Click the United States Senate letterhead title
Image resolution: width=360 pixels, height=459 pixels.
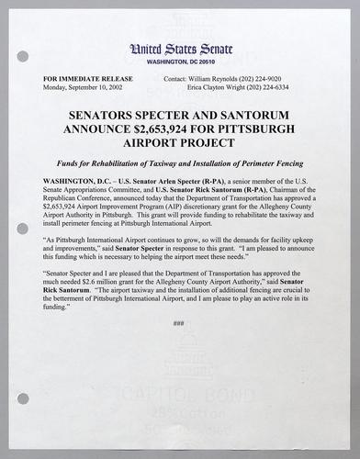pyautogui.click(x=180, y=49)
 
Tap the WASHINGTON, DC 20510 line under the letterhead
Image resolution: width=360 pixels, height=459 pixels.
pyautogui.click(x=180, y=62)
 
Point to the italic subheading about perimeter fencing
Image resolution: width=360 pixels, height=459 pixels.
pyautogui.click(x=180, y=162)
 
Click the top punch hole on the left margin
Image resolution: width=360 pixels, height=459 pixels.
pyautogui.click(x=23, y=56)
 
